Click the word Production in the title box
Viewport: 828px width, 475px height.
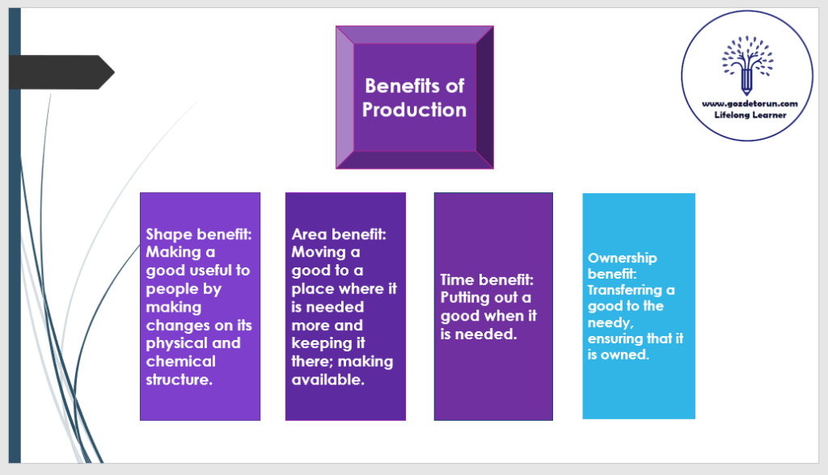tap(414, 110)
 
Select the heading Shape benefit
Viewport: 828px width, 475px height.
tap(199, 234)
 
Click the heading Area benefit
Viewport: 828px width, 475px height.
tap(339, 234)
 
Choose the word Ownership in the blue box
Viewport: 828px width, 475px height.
tap(623, 258)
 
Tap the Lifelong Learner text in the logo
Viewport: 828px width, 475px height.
tap(750, 115)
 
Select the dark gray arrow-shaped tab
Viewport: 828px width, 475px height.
tap(61, 72)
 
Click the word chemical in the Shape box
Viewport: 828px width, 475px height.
tap(180, 361)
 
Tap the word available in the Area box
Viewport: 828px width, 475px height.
tap(326, 379)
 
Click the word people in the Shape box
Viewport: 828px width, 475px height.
tap(173, 288)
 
